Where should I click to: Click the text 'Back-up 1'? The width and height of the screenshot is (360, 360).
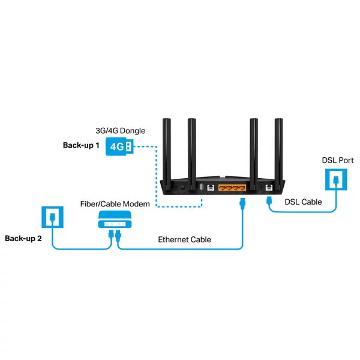(x=81, y=145)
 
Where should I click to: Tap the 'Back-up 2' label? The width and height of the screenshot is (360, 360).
(x=23, y=238)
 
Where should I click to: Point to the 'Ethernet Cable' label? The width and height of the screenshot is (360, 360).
(x=184, y=239)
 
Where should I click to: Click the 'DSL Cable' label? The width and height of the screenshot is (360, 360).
(x=303, y=202)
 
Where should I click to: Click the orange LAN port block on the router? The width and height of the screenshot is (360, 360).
(x=232, y=188)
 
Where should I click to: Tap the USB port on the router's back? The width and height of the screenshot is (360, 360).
(x=200, y=187)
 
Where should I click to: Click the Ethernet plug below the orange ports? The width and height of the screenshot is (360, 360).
(x=242, y=202)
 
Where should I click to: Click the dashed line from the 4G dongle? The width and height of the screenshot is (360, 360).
(x=157, y=180)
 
